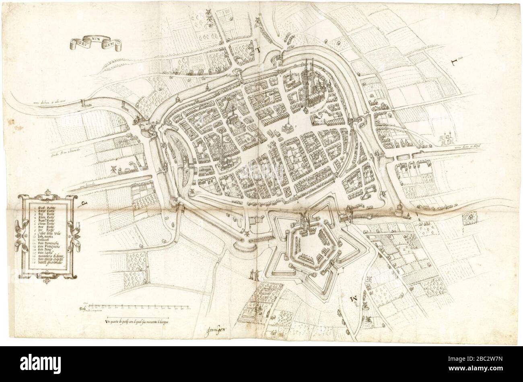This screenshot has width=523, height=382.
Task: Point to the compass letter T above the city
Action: coord(259,50)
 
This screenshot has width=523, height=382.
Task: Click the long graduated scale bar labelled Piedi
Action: coord(137,308)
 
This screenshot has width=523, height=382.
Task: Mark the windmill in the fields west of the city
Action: coord(114,169)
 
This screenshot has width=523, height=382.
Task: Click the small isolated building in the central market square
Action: coord(287,127)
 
